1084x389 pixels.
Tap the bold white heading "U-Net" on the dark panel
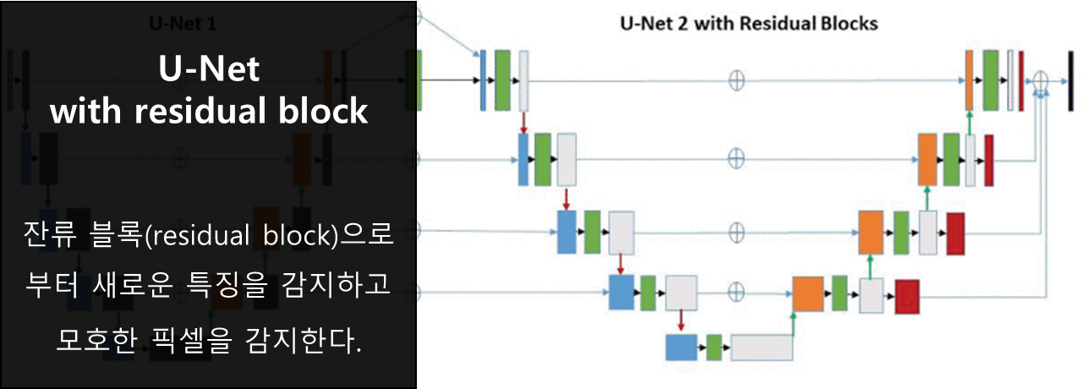click(209, 69)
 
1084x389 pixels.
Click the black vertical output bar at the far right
click(1070, 80)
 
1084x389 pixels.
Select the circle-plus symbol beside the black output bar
click(1041, 80)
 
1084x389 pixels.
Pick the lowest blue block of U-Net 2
click(681, 348)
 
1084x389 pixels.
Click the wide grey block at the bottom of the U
click(761, 348)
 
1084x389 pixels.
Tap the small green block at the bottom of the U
click(714, 348)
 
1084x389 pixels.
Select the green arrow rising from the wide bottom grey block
click(793, 321)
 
